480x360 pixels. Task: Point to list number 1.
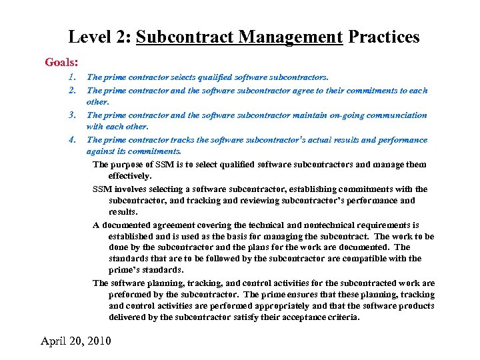71,77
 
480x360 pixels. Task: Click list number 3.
71,115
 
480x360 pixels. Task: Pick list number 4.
71,140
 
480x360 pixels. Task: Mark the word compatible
369,259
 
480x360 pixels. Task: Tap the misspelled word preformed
130,295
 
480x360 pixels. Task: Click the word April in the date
56,341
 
